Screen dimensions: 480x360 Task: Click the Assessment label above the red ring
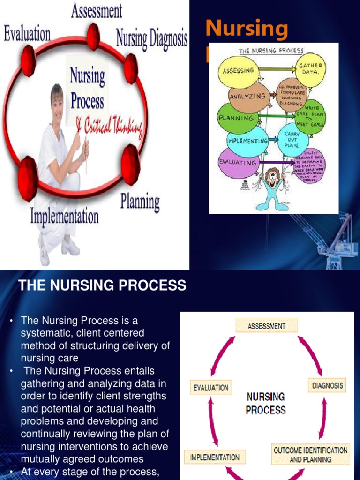tap(97, 10)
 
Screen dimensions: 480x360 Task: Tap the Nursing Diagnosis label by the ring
tap(152, 38)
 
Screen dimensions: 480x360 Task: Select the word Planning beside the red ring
tap(140, 202)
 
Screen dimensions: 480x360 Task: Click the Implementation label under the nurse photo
tap(65, 216)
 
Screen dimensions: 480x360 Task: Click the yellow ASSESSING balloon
tap(239, 71)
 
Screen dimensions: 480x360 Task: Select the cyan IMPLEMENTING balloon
tap(247, 140)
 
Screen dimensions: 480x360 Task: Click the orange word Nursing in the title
tap(247, 29)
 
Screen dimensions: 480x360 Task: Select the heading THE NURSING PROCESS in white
tap(102, 285)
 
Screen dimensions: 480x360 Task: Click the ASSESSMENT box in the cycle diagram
tap(267, 325)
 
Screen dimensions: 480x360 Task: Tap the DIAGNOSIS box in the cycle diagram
tap(327, 386)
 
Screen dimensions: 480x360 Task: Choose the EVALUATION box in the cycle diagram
tap(211, 388)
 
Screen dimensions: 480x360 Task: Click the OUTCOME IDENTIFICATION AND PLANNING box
tap(311, 455)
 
